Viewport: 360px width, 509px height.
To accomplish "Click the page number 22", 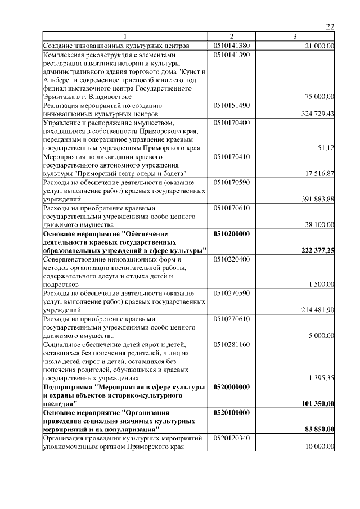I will point(330,27).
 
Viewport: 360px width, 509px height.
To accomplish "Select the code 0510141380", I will point(232,46).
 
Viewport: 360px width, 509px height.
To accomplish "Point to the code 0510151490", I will point(232,105).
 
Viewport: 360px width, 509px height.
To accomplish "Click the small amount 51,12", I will point(326,147).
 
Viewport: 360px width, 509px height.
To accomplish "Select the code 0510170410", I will point(232,156).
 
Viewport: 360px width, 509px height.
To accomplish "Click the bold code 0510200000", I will point(232,232).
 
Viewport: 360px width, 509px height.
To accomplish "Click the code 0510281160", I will point(232,343).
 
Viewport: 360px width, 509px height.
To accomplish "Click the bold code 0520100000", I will point(232,412).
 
